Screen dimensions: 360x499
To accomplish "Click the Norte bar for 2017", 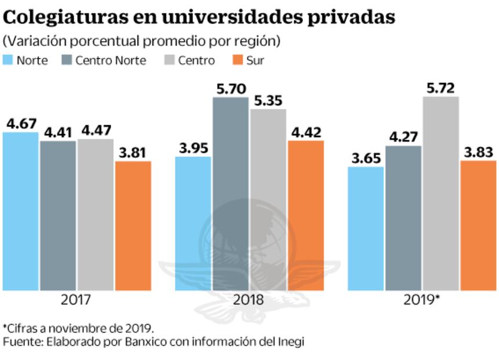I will click(20, 211).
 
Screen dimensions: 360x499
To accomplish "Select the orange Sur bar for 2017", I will click(133, 226).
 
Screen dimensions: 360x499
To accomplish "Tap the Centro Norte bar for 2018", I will click(230, 194).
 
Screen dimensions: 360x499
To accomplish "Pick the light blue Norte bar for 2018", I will click(193, 224).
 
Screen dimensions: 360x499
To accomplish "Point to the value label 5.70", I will click(230, 89).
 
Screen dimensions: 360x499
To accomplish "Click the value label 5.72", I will click(441, 88).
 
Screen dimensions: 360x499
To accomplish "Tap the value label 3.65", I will click(366, 158).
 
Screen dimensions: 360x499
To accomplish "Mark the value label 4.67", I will click(21, 124).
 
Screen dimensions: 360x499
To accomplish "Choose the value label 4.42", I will click(305, 132).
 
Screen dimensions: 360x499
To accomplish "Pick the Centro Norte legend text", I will click(110, 60).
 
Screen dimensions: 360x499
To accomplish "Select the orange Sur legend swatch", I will click(237, 60).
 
